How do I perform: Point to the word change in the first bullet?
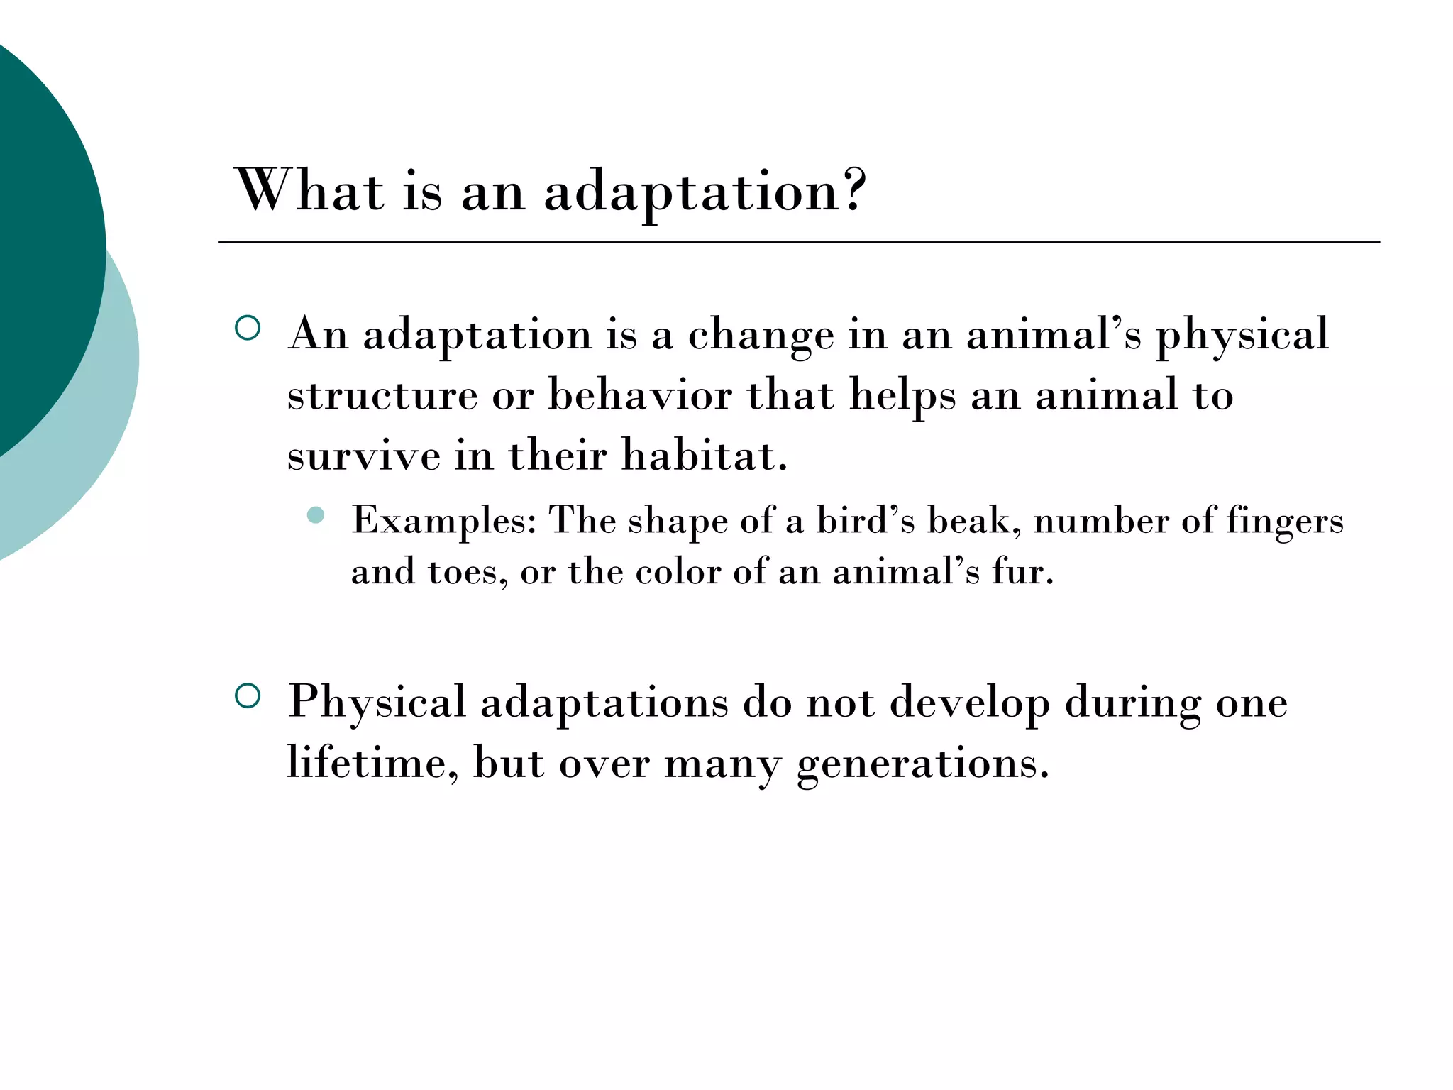click(761, 335)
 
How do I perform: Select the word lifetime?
click(372, 764)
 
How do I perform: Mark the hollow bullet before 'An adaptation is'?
click(247, 328)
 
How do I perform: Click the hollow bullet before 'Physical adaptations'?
click(247, 695)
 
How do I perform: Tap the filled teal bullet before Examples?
click(316, 515)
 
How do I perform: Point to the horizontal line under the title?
click(798, 243)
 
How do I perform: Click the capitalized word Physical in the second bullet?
click(376, 703)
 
